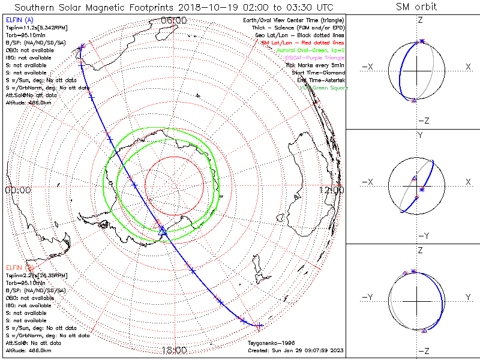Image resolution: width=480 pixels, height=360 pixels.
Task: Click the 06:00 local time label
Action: (175, 21)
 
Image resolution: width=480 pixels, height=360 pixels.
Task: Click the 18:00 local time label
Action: (175, 350)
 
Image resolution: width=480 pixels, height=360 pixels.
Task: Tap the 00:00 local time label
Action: (17, 190)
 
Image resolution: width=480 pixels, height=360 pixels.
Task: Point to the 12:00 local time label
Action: (331, 190)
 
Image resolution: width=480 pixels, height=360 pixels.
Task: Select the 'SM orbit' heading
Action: (416, 7)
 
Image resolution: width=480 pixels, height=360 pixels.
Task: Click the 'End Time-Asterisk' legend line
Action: (322, 80)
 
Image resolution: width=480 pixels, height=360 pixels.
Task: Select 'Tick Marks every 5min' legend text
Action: (316, 65)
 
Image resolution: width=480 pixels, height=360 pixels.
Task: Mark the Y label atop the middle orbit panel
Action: (419, 135)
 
